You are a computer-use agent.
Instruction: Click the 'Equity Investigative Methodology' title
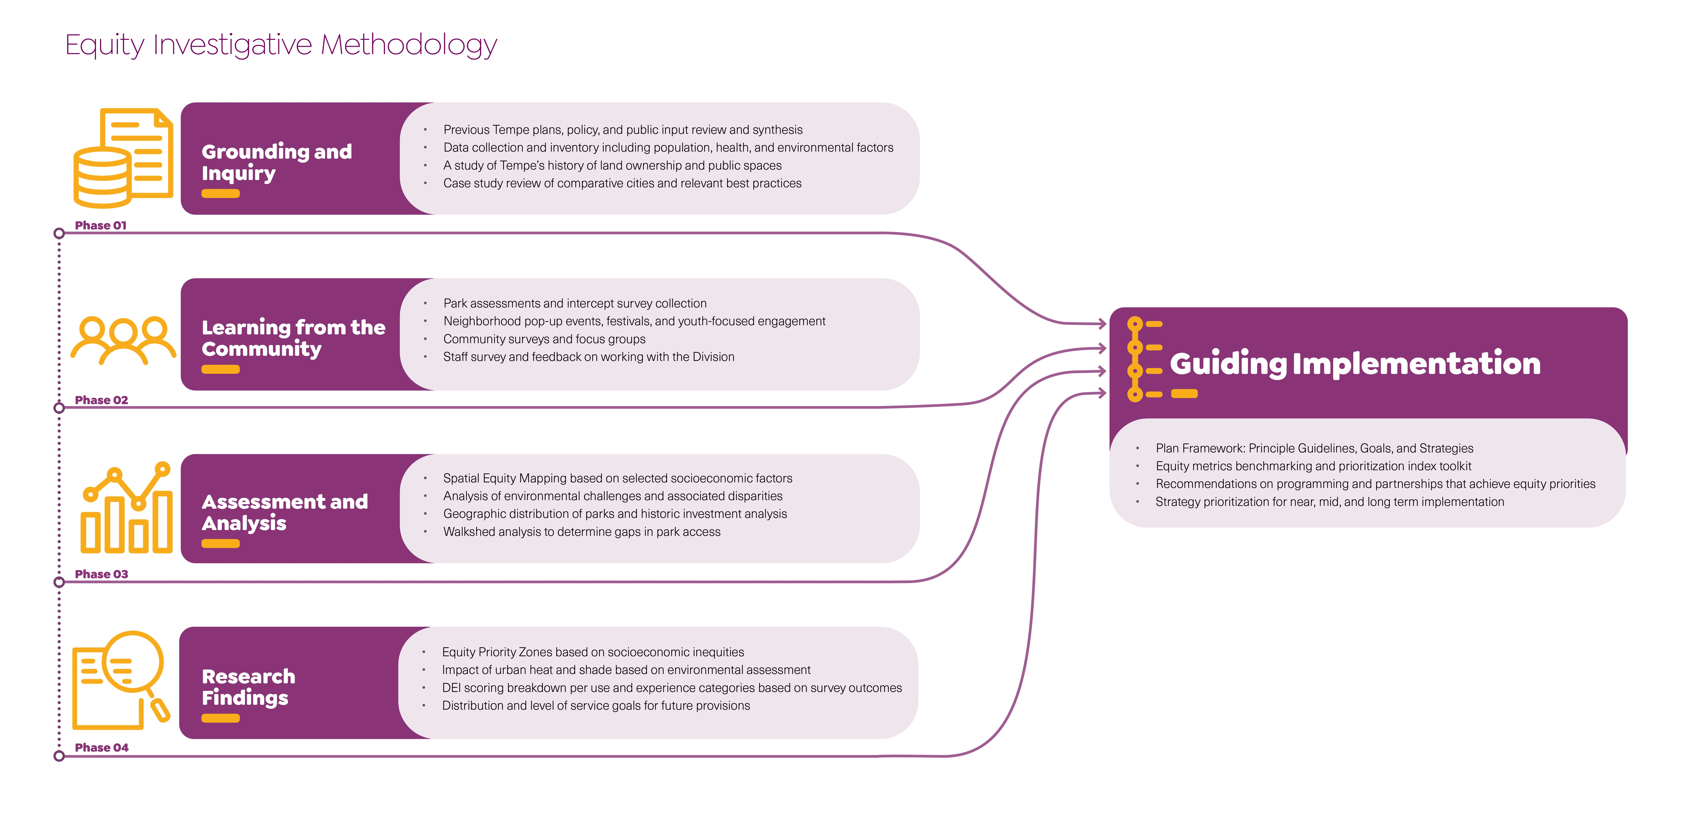click(281, 45)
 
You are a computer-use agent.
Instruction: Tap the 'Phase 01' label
click(100, 225)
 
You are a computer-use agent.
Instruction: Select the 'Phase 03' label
click(101, 574)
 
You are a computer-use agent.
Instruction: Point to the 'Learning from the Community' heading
click(293, 338)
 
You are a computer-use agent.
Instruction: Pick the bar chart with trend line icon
click(126, 508)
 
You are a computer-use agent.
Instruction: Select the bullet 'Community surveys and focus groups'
click(544, 339)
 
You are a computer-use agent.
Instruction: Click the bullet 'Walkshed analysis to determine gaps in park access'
click(581, 532)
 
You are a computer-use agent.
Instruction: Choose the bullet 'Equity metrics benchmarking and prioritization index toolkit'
click(1313, 466)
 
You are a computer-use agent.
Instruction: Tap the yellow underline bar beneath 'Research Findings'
click(221, 718)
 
